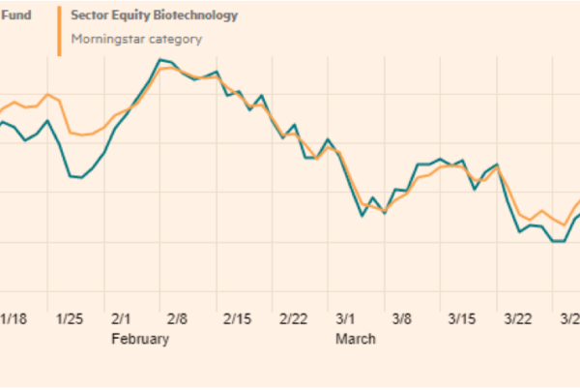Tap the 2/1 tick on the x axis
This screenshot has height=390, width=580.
[x=122, y=319]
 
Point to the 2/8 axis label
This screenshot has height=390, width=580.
[x=178, y=319]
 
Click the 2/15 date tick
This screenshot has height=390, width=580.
[x=237, y=319]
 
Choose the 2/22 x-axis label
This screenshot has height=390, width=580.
[x=293, y=319]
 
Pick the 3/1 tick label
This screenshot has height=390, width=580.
[x=346, y=319]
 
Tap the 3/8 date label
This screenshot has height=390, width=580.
[x=402, y=319]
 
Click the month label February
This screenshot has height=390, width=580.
[x=140, y=340]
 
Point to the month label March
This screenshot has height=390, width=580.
[x=355, y=340]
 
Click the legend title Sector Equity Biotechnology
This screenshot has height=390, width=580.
[x=155, y=16]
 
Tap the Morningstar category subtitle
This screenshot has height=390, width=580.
[x=136, y=39]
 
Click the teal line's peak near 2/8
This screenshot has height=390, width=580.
[x=159, y=60]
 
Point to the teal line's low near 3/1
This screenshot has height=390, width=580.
[x=362, y=215]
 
